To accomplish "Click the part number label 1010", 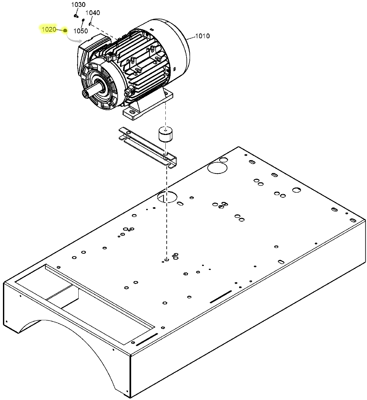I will (203, 36).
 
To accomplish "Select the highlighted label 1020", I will (49, 30).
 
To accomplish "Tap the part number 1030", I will (78, 5).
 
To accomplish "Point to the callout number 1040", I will (93, 13).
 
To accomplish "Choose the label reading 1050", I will (81, 31).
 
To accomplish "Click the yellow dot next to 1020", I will (65, 30).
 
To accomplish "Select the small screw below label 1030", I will (76, 15).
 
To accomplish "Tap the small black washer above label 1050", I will (83, 20).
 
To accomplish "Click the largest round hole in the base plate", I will (217, 168).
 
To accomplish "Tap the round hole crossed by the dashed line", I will (167, 197).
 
